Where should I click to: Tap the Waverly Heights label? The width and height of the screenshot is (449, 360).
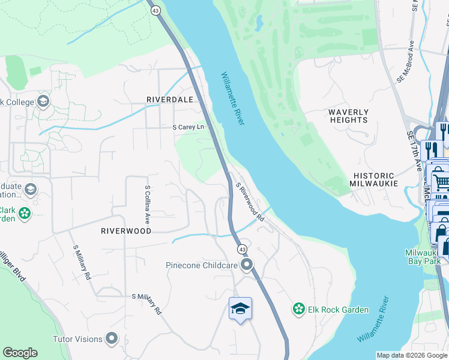348,116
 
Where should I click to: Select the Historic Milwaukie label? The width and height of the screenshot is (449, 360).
375,178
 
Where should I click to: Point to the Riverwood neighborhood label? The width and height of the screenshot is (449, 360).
125,230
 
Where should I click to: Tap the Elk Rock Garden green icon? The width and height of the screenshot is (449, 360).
298,309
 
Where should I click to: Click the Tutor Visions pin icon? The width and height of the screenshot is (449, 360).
112,339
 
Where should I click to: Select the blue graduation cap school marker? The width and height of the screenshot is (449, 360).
240,308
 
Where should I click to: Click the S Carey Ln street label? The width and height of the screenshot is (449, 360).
188,127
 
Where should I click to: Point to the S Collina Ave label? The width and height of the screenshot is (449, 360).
147,204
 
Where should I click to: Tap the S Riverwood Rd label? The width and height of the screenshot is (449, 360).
250,203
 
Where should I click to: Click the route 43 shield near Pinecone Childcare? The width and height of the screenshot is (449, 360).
242,248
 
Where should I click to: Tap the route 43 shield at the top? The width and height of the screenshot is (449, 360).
155,10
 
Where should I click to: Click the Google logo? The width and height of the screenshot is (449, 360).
20,353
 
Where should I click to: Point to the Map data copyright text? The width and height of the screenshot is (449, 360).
412,355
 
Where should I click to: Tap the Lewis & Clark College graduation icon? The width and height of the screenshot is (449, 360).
43,101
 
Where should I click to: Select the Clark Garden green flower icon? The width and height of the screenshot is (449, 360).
24,213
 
